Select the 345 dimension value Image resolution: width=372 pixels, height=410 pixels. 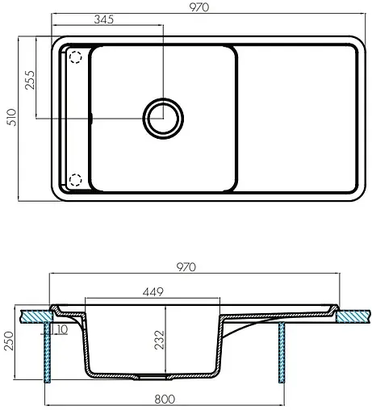[x=102, y=19]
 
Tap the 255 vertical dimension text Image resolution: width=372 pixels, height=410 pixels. [x=30, y=82]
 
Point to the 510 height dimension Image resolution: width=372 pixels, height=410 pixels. [x=10, y=119]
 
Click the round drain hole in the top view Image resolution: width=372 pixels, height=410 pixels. [x=161, y=118]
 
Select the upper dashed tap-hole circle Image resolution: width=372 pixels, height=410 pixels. [x=76, y=58]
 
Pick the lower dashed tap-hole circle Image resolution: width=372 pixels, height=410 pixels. [x=76, y=179]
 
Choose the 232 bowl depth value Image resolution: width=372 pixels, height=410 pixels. [x=161, y=334]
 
